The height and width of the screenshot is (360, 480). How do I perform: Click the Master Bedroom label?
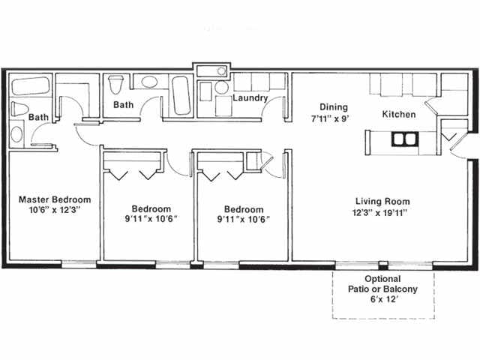pyautogui.click(x=55, y=199)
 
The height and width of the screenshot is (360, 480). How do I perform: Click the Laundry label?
pyautogui.click(x=250, y=98)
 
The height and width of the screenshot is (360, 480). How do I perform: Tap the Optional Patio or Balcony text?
pyautogui.click(x=382, y=283)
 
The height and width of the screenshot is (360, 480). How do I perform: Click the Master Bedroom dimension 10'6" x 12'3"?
pyautogui.click(x=55, y=211)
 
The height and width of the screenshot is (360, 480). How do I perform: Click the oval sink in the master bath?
pyautogui.click(x=16, y=135)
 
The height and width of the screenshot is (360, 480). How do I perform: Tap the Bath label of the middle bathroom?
pyautogui.click(x=123, y=105)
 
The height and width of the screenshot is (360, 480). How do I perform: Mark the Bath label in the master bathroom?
pyautogui.click(x=38, y=117)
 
